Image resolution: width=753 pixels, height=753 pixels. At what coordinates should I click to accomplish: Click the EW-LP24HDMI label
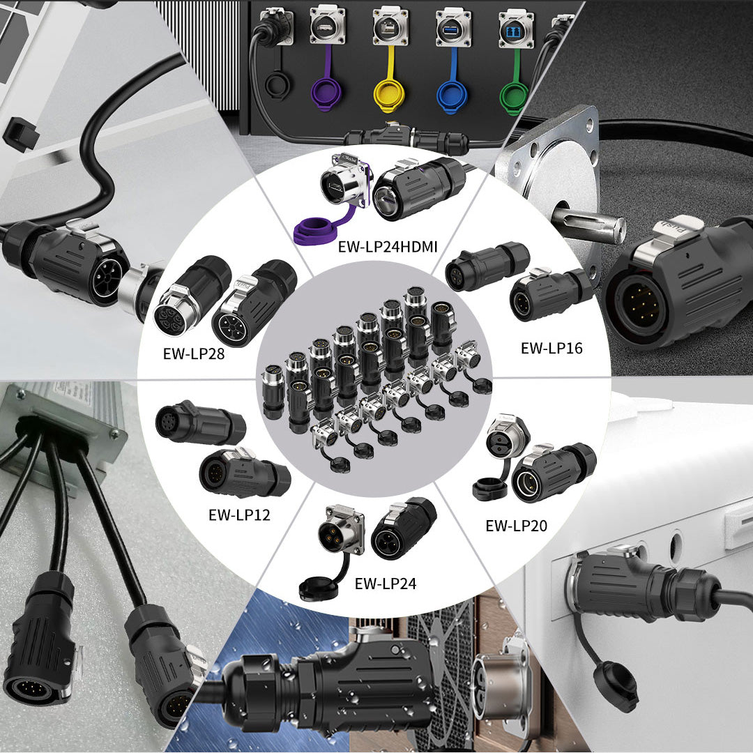tap(388, 247)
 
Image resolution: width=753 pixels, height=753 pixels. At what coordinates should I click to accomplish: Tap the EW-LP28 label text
tap(194, 354)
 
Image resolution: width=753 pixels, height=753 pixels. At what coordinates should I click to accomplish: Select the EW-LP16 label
tap(552, 348)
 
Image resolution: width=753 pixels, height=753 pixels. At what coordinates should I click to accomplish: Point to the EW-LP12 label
tap(239, 515)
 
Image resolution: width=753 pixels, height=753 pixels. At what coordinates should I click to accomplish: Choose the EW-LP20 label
tap(516, 526)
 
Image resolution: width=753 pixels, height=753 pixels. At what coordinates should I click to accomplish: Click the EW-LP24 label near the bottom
tap(385, 584)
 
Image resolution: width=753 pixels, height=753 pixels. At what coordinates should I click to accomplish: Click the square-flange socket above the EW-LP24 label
tap(341, 530)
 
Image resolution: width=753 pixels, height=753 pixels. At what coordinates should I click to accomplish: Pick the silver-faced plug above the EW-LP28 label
tap(178, 308)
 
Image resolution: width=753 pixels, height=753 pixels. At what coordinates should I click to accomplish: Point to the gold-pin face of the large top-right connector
tap(639, 305)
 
